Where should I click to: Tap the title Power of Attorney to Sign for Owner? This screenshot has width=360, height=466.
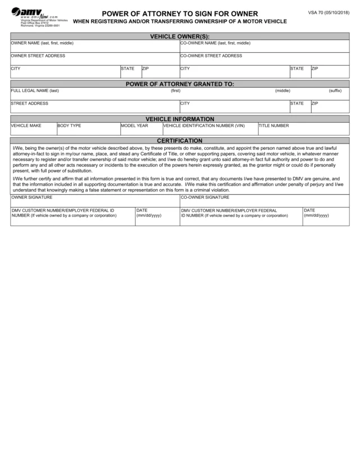click(180, 14)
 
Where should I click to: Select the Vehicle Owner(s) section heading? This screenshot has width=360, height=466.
click(180, 36)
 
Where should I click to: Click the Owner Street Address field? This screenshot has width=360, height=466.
click(94, 59)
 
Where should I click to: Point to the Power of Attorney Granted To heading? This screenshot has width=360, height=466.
click(180, 84)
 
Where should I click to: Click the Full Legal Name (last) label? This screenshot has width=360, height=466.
click(35, 91)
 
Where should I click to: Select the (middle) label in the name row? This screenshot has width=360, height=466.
click(282, 91)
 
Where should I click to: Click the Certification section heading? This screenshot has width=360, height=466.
click(180, 140)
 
